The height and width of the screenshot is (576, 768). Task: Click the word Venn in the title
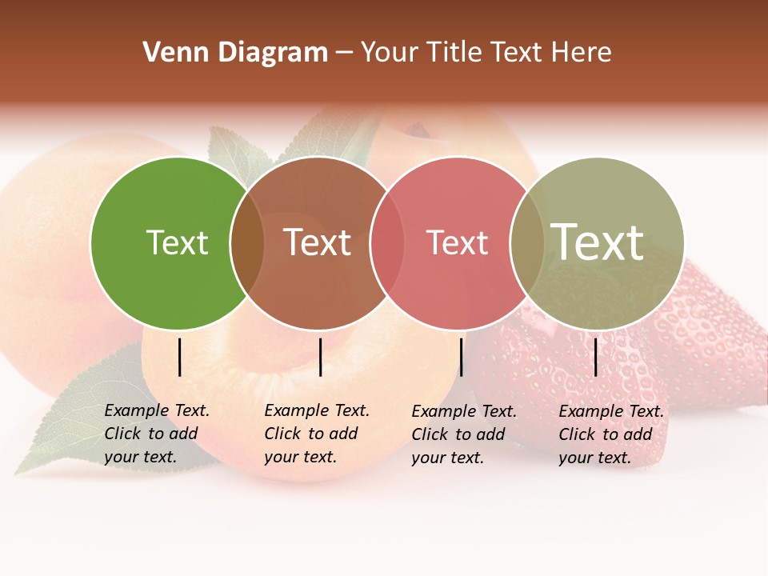point(168,53)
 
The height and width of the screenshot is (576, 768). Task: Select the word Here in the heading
point(584,53)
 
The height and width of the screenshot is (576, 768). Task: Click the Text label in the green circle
point(177,242)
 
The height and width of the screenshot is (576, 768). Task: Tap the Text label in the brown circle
point(317,242)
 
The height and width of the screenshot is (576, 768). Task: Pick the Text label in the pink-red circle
point(457,242)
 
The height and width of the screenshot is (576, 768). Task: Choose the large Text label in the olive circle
point(597,242)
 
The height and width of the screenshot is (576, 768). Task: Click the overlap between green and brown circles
point(247,243)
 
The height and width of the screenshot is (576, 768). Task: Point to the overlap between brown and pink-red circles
point(386,243)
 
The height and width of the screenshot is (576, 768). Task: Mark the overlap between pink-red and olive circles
point(527,243)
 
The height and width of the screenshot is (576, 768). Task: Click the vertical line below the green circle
point(179,357)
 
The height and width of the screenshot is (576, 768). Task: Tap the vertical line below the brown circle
point(320,357)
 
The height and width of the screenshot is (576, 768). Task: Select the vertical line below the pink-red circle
point(461,357)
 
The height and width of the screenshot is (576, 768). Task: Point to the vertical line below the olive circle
point(595,357)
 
